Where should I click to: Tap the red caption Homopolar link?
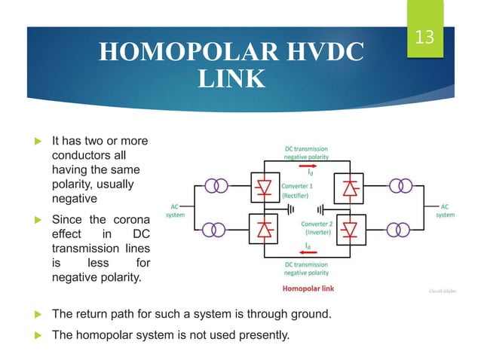pos(308,288)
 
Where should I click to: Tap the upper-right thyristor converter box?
pos(350,188)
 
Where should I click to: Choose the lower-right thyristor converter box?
pos(350,227)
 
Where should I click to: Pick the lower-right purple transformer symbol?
pos(402,229)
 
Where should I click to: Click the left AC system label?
pos(175,211)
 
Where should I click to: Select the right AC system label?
pos(446,211)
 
